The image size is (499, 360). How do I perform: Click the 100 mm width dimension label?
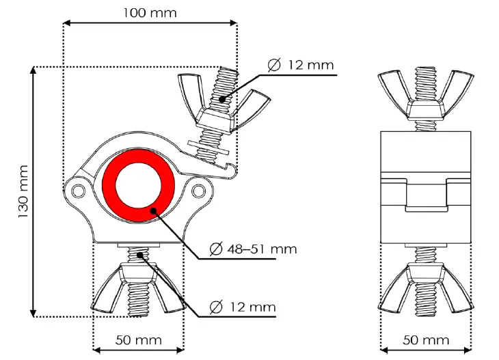150,12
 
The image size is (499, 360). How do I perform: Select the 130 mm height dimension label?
23,191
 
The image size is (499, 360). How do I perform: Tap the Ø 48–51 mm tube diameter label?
253,249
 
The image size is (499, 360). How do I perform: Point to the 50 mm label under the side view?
426,340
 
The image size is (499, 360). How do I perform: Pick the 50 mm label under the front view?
138,340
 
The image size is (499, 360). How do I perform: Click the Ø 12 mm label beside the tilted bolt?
301,65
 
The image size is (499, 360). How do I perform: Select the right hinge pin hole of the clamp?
198,189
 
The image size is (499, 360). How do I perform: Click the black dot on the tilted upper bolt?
221,99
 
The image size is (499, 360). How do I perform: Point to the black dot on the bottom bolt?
140,255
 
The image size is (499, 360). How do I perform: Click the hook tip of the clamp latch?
234,171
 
